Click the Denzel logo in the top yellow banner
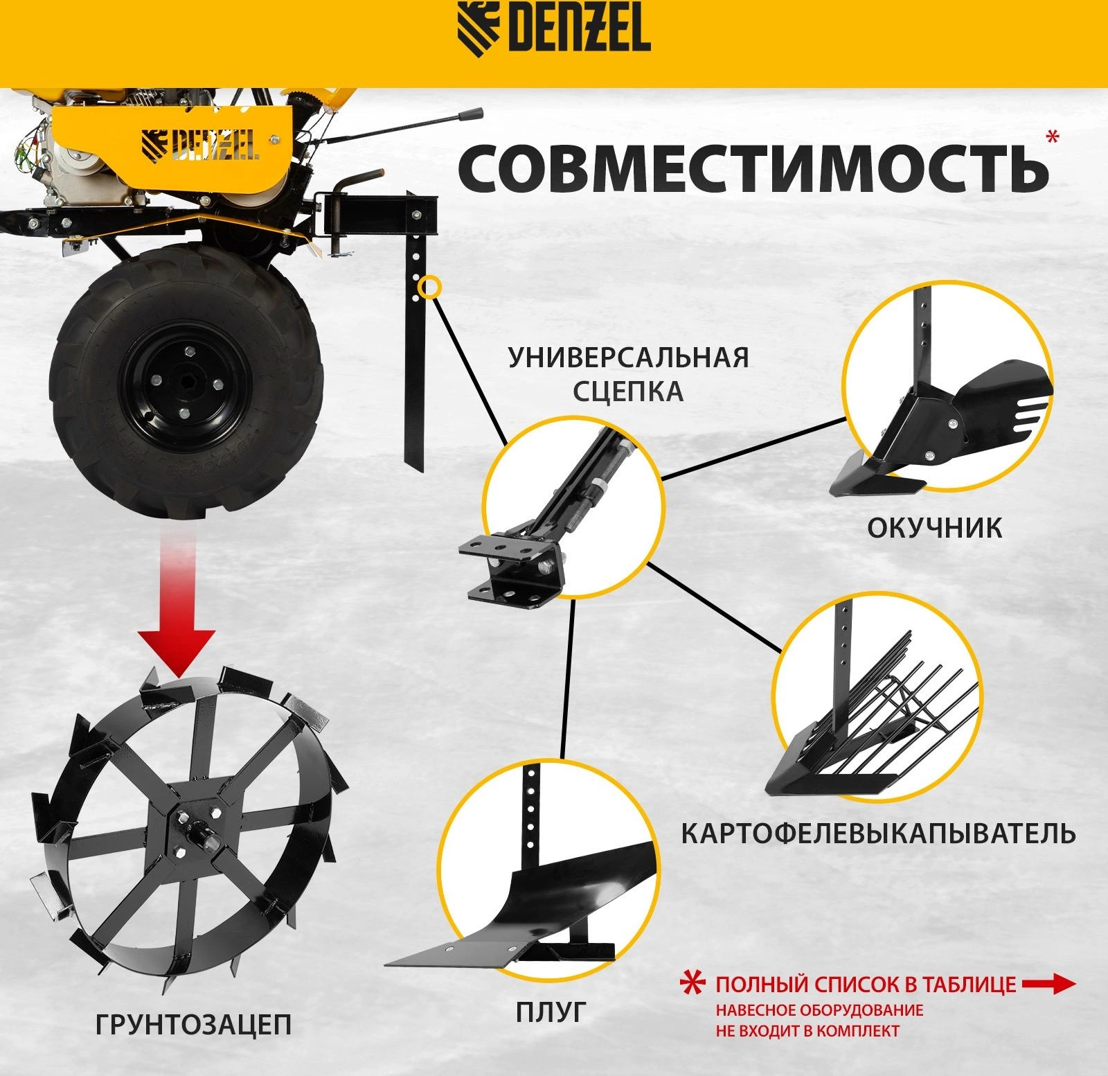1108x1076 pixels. coord(554,29)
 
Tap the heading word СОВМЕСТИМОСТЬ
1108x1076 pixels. coord(753,169)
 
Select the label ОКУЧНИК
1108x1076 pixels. coord(934,529)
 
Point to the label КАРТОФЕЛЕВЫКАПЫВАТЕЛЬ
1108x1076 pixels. coord(878,834)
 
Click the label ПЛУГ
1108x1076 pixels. coord(551,1012)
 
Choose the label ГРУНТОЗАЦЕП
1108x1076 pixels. coord(193,1025)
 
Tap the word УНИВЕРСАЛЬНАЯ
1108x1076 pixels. coord(629,358)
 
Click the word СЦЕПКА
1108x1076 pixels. coord(628,392)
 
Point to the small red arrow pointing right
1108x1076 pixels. coord(1049,984)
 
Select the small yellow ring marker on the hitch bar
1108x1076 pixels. coord(430,287)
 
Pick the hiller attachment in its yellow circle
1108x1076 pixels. coord(942,416)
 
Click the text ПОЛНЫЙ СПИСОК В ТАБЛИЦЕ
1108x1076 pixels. coord(866,985)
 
